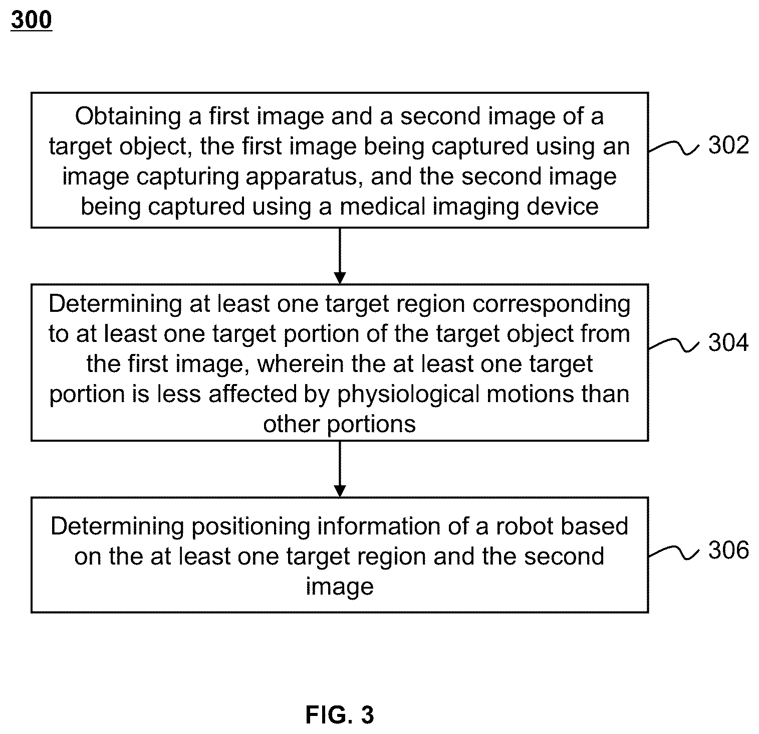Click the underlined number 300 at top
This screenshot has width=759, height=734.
pyautogui.click(x=31, y=20)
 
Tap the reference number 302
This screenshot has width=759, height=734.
pyautogui.click(x=728, y=145)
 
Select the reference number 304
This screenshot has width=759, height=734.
pyautogui.click(x=728, y=343)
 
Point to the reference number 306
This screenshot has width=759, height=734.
pyautogui.click(x=728, y=550)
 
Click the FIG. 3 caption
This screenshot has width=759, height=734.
pyautogui.click(x=340, y=715)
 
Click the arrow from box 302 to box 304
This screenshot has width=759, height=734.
pyautogui.click(x=340, y=256)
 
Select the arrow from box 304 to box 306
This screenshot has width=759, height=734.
pyautogui.click(x=340, y=469)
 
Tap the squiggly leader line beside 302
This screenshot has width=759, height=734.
pyautogui.click(x=674, y=147)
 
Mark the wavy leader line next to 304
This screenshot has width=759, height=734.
pyautogui.click(x=674, y=344)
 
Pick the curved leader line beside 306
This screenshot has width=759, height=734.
pyautogui.click(x=674, y=552)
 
